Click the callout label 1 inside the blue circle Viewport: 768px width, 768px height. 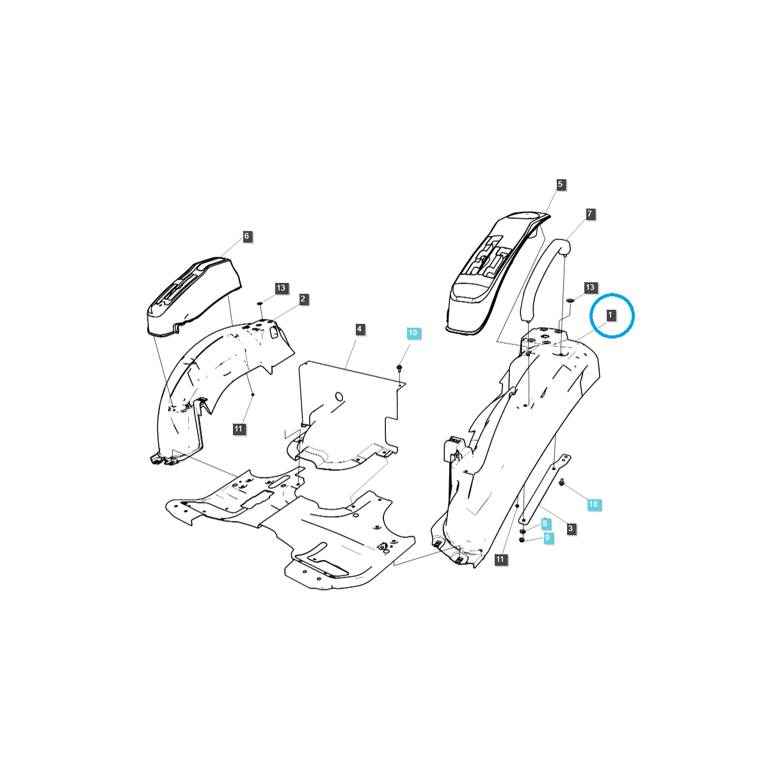(x=611, y=315)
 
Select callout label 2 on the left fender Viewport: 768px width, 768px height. (x=303, y=299)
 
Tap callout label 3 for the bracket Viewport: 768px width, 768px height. (x=570, y=529)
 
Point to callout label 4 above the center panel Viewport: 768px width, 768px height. (x=360, y=329)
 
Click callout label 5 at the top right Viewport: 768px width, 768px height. (x=560, y=184)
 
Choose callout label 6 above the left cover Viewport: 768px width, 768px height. (x=246, y=236)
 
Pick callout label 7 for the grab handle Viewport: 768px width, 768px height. (x=590, y=213)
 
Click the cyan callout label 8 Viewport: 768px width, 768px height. (x=545, y=524)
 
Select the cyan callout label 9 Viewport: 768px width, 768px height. (x=547, y=538)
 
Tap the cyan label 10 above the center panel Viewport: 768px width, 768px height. (x=413, y=333)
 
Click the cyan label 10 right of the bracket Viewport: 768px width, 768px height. (x=593, y=504)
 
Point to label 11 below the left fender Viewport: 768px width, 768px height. (x=239, y=429)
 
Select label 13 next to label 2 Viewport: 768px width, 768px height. (x=281, y=288)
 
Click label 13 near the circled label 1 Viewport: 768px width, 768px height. (x=590, y=287)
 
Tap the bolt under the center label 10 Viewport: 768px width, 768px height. (x=399, y=368)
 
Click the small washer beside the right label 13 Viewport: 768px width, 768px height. (x=570, y=300)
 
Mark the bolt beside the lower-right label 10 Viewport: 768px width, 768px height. (x=561, y=483)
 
